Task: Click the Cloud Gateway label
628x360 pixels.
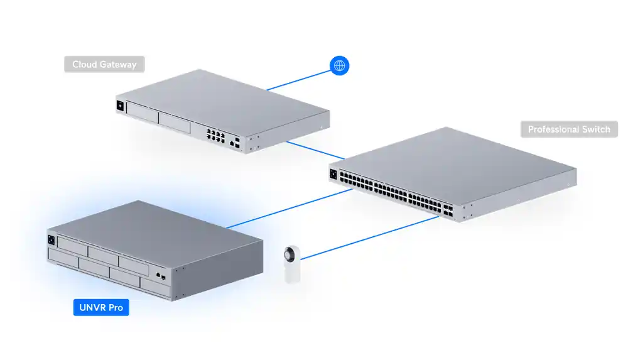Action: pos(104,64)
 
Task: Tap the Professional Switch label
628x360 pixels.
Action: pos(569,129)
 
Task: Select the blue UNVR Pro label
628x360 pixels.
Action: pos(101,308)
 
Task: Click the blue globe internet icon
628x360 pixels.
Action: pos(340,65)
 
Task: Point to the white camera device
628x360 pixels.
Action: pos(293,265)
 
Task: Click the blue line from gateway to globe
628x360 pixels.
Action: pos(298,80)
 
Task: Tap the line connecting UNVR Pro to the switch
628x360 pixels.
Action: pos(289,208)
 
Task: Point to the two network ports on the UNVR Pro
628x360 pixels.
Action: pos(160,275)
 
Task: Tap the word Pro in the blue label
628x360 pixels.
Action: pos(114,308)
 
